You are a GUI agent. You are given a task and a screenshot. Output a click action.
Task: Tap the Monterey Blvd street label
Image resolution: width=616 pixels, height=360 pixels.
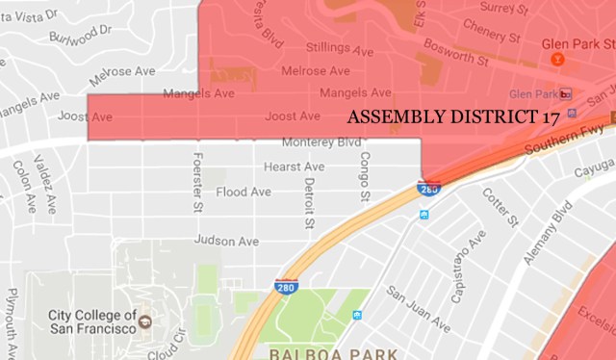pyautogui.click(x=321, y=143)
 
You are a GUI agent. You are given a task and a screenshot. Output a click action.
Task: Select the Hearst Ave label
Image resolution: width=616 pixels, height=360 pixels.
pyautogui.click(x=294, y=167)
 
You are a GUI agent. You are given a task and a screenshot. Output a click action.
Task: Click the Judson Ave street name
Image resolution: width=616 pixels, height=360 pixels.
pyautogui.click(x=226, y=240)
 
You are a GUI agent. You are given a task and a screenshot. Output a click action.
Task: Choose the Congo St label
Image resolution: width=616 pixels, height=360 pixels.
pyautogui.click(x=364, y=174)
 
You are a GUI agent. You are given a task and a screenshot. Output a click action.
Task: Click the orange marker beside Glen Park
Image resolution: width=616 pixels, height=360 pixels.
pyautogui.click(x=557, y=59)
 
